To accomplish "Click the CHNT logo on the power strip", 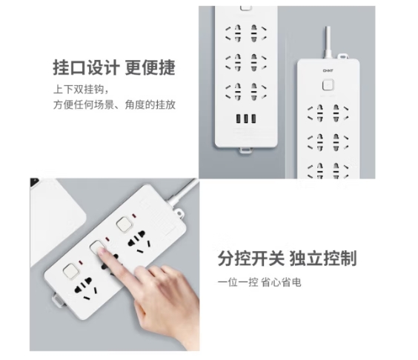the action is click(x=328, y=70).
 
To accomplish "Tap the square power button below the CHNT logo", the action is click(x=328, y=85).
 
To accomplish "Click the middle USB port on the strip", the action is click(x=246, y=119).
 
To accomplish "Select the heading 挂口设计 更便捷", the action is click(x=114, y=67).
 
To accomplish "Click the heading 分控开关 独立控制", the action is click(x=287, y=258).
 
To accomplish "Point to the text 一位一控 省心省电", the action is click(x=259, y=282).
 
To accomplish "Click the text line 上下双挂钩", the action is click(x=81, y=89).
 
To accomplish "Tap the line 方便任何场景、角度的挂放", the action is click(x=114, y=104).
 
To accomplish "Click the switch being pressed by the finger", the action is click(x=98, y=247).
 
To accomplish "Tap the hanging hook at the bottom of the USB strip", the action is click(x=245, y=150).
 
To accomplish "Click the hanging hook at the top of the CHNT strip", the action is click(x=343, y=56).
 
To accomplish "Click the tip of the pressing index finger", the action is click(x=101, y=250).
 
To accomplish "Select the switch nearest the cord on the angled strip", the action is click(x=124, y=224).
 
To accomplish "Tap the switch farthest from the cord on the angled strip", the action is click(x=71, y=272).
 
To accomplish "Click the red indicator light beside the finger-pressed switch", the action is click(x=108, y=239).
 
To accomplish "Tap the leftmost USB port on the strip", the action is click(x=238, y=119).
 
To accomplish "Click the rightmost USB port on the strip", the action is click(x=253, y=119).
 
